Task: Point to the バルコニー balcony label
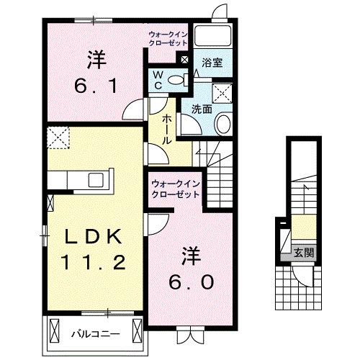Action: click(x=91, y=333)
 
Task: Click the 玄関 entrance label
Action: click(x=303, y=253)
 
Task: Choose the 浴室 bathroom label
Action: click(x=212, y=63)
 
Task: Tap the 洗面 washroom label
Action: click(x=201, y=109)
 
